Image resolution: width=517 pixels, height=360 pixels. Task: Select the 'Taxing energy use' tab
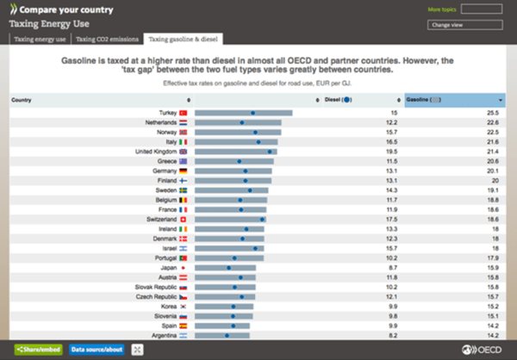click(40, 39)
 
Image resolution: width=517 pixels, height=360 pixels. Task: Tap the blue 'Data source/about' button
click(97, 349)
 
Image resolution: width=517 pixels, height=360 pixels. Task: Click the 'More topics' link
click(440, 10)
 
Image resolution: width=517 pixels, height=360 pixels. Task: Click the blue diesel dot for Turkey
click(252, 113)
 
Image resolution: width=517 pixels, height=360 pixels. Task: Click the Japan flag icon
click(183, 268)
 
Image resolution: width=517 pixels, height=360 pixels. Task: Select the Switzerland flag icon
click(183, 220)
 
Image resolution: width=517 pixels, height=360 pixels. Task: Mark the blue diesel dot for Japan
click(229, 268)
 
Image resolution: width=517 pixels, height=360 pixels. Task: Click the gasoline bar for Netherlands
click(239, 122)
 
